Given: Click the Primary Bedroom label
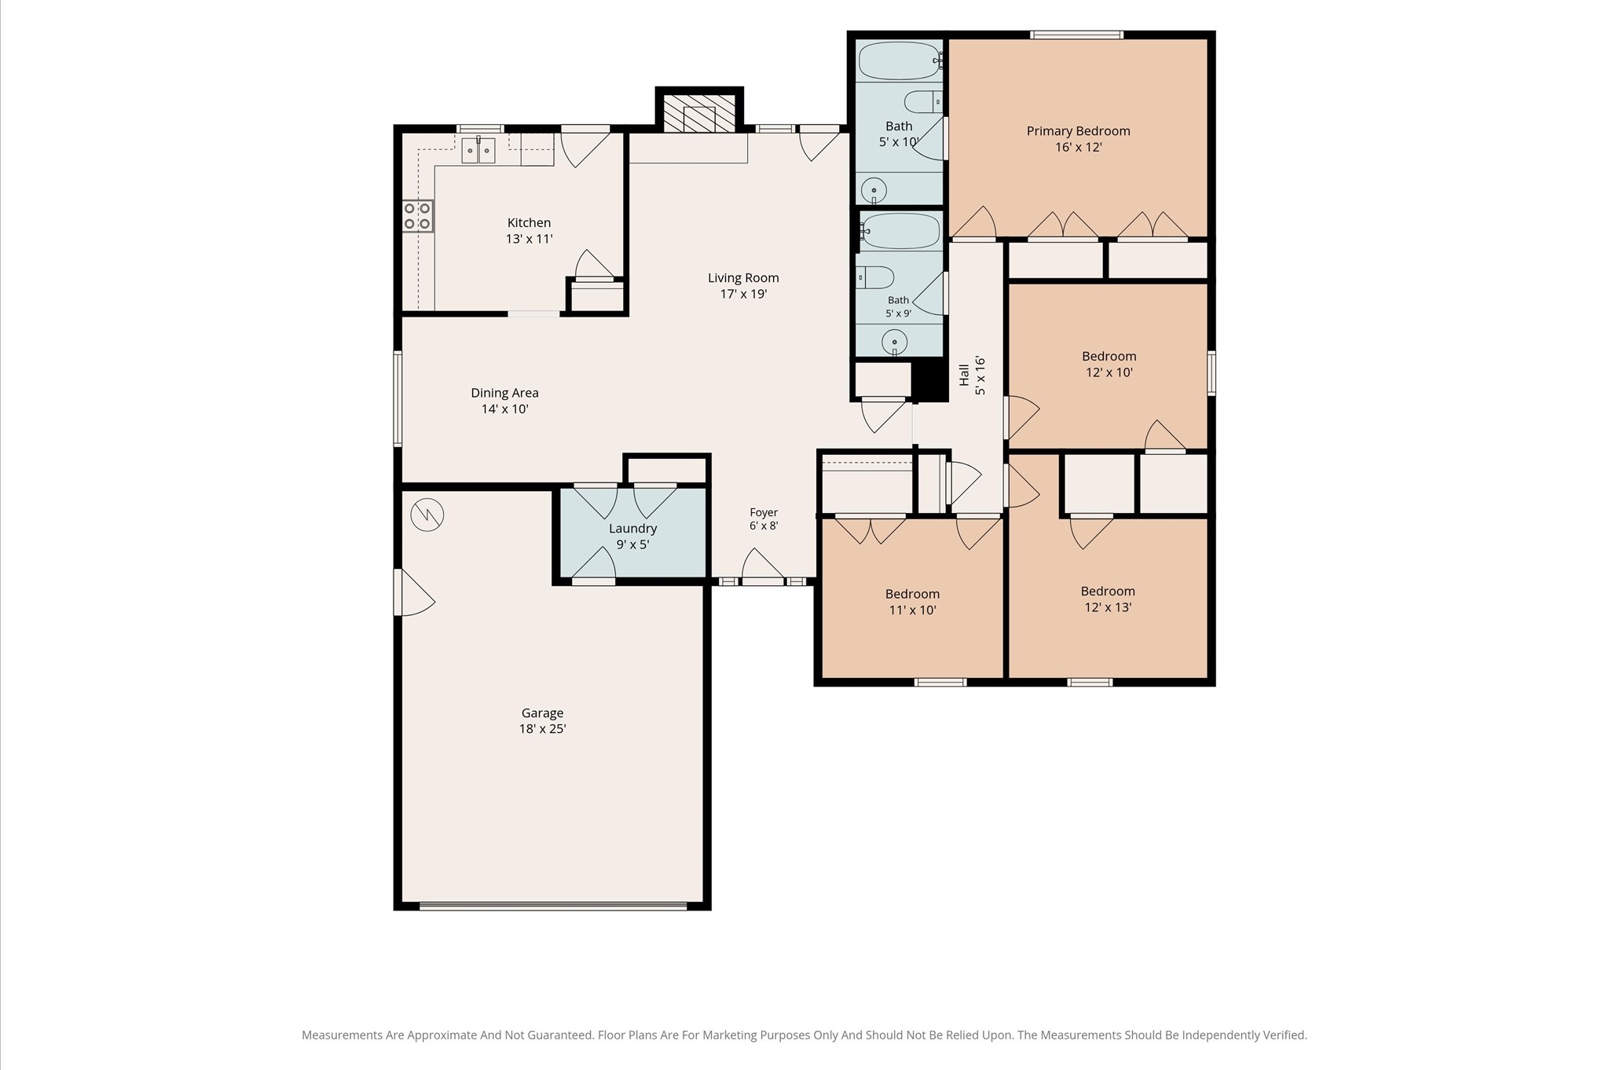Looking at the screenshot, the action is [1078, 139].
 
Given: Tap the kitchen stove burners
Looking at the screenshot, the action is [418, 216].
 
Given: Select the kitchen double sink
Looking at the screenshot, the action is [478, 150].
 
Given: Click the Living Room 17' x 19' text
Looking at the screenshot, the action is [743, 286].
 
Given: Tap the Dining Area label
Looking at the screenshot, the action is [504, 401].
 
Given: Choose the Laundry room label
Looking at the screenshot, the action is [632, 537].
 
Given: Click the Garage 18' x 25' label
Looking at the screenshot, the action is [542, 720].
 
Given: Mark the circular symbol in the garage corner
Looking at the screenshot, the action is [427, 515].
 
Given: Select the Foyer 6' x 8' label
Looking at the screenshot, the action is [764, 519].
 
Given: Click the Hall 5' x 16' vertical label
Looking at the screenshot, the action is [972, 375].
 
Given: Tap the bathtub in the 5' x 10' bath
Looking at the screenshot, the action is [900, 60].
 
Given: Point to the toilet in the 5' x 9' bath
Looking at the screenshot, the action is [875, 277].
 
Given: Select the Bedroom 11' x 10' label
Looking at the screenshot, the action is [912, 602].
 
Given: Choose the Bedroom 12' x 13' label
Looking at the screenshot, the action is [1108, 599].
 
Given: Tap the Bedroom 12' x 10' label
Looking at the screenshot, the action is [1109, 364].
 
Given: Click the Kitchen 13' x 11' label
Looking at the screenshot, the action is [529, 231].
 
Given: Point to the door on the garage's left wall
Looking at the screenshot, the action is [414, 592].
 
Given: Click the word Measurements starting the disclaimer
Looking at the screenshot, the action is [342, 1035].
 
